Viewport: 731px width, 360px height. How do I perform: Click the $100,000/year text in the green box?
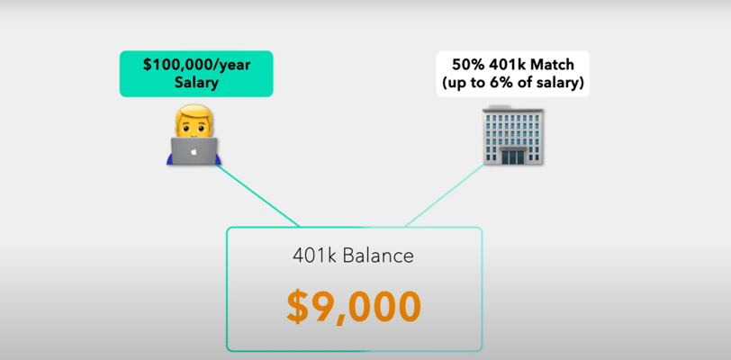[x=196, y=65]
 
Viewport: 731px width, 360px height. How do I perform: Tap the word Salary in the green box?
[x=196, y=83]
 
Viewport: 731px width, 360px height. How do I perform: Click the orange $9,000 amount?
[x=354, y=307]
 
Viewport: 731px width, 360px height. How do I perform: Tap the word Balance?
[x=378, y=256]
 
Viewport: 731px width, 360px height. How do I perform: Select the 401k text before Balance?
[x=316, y=256]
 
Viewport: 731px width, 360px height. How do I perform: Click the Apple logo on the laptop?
[x=194, y=151]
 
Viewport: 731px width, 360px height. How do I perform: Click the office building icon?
[x=513, y=136]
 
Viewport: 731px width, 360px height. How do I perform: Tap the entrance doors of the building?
[x=513, y=157]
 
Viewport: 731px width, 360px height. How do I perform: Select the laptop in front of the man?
[x=194, y=151]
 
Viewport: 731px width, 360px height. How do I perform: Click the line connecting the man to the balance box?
[x=257, y=195]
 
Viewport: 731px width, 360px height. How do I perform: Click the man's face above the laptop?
[x=194, y=128]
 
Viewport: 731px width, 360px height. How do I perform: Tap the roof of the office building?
[x=513, y=110]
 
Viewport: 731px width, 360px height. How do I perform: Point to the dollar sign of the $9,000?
[x=299, y=308]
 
